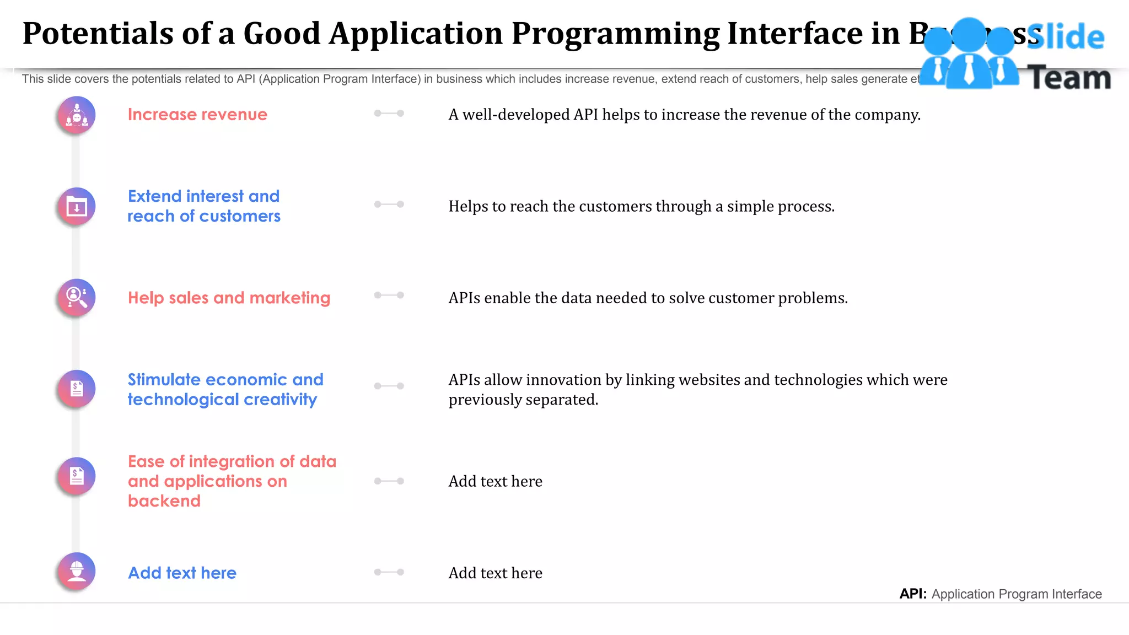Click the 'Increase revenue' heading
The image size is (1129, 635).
[x=197, y=115]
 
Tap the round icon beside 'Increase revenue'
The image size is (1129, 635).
[x=77, y=115]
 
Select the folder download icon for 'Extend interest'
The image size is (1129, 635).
[x=77, y=207]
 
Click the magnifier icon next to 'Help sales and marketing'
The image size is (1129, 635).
[x=77, y=298]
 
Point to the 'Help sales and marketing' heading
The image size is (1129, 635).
[x=229, y=298]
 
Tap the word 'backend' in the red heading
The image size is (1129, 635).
[x=164, y=501]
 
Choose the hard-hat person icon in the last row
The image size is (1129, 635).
[x=77, y=572]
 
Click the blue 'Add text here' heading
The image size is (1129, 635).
[x=182, y=573]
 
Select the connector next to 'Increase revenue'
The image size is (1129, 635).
[x=389, y=114]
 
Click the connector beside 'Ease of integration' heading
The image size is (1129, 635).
[x=389, y=481]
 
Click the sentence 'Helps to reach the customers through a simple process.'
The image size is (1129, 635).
[x=641, y=207]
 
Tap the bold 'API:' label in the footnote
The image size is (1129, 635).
[x=913, y=594]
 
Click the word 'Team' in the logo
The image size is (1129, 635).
[x=1069, y=78]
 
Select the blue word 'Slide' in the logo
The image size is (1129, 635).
[x=1065, y=37]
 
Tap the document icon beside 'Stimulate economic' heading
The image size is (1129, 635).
[x=77, y=389]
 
